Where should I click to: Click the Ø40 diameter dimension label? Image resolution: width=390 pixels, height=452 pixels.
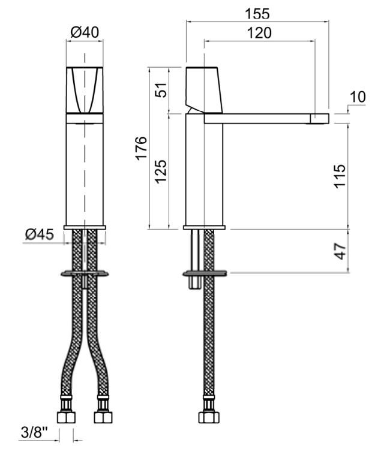[x=85, y=32]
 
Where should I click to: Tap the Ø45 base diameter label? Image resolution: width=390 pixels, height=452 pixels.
[x=40, y=234]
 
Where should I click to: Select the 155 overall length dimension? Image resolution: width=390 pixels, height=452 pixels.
[x=257, y=14]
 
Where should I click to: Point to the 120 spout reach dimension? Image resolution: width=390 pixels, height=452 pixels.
[x=259, y=33]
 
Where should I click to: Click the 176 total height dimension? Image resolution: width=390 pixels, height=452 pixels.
[x=142, y=148]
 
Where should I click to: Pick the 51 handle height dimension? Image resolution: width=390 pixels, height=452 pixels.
[x=161, y=91]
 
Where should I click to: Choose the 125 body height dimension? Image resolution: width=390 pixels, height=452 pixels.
[x=161, y=171]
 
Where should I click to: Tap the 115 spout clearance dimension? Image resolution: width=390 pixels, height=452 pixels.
[x=340, y=176]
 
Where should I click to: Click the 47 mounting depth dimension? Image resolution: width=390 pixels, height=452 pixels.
[x=340, y=251]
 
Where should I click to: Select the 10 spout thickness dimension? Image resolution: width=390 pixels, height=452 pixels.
[x=358, y=97]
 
